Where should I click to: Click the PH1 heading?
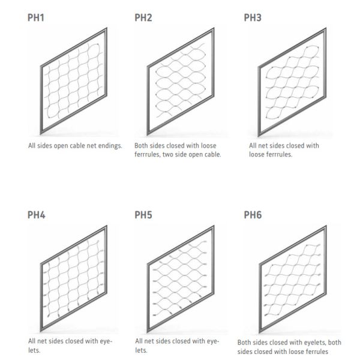pyautogui.click(x=36, y=17)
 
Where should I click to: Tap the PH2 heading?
pyautogui.click(x=143, y=17)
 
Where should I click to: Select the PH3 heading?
pyautogui.click(x=253, y=17)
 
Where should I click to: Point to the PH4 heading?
pyautogui.click(x=36, y=215)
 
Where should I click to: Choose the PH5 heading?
pyautogui.click(x=143, y=215)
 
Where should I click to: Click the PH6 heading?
pyautogui.click(x=253, y=215)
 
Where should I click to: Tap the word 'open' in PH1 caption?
pyautogui.click(x=61, y=146)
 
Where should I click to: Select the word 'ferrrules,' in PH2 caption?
pyautogui.click(x=148, y=155)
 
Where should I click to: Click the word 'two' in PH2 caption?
pyautogui.click(x=167, y=155)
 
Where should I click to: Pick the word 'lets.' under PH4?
pyautogui.click(x=34, y=350)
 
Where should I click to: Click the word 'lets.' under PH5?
pyautogui.click(x=141, y=350)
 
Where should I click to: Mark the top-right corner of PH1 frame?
pyautogui.click(x=107, y=28)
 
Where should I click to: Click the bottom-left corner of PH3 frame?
pyautogui.click(x=259, y=137)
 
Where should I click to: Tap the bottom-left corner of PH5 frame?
pyautogui.click(x=148, y=332)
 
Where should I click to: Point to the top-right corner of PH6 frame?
pyautogui.click(x=326, y=226)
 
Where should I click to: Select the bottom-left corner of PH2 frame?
pyautogui.click(x=148, y=136)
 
